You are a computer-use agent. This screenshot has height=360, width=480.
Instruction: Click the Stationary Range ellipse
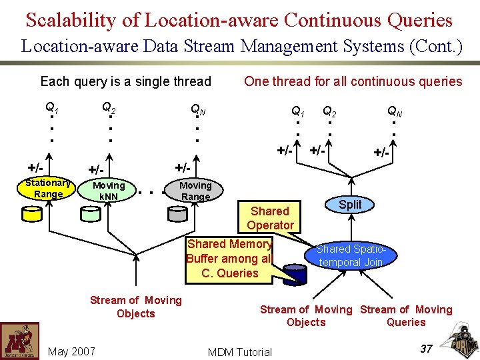pyautogui.click(x=48, y=188)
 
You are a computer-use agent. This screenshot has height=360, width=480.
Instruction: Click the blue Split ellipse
pyautogui.click(x=350, y=205)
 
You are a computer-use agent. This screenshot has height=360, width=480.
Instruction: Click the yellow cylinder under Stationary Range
pyautogui.click(x=31, y=213)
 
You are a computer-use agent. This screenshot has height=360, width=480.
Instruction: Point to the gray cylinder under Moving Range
pyautogui.click(x=177, y=213)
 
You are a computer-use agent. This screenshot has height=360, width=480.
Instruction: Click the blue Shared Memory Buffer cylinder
pyautogui.click(x=291, y=274)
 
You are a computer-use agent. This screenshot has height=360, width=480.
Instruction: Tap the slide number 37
pyautogui.click(x=427, y=348)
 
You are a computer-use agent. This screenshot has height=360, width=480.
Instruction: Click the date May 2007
pyautogui.click(x=71, y=351)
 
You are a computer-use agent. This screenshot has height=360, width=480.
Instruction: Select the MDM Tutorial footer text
pyautogui.click(x=240, y=352)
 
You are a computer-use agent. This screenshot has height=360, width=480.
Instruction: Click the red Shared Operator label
pyautogui.click(x=269, y=218)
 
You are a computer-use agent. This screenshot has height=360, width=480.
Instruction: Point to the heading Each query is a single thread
pyautogui.click(x=125, y=82)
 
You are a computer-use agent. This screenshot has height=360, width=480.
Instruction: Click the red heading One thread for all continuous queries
pyautogui.click(x=353, y=82)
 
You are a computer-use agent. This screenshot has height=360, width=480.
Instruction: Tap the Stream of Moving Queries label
pyautogui.click(x=406, y=315)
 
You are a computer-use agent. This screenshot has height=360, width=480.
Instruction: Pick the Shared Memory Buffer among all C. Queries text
pyautogui.click(x=229, y=259)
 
